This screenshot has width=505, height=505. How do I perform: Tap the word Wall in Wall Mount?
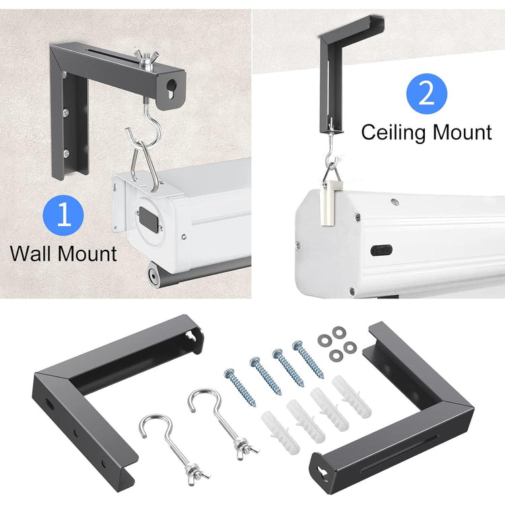pos(33,254)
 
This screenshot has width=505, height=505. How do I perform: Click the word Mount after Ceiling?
pos(461,132)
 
